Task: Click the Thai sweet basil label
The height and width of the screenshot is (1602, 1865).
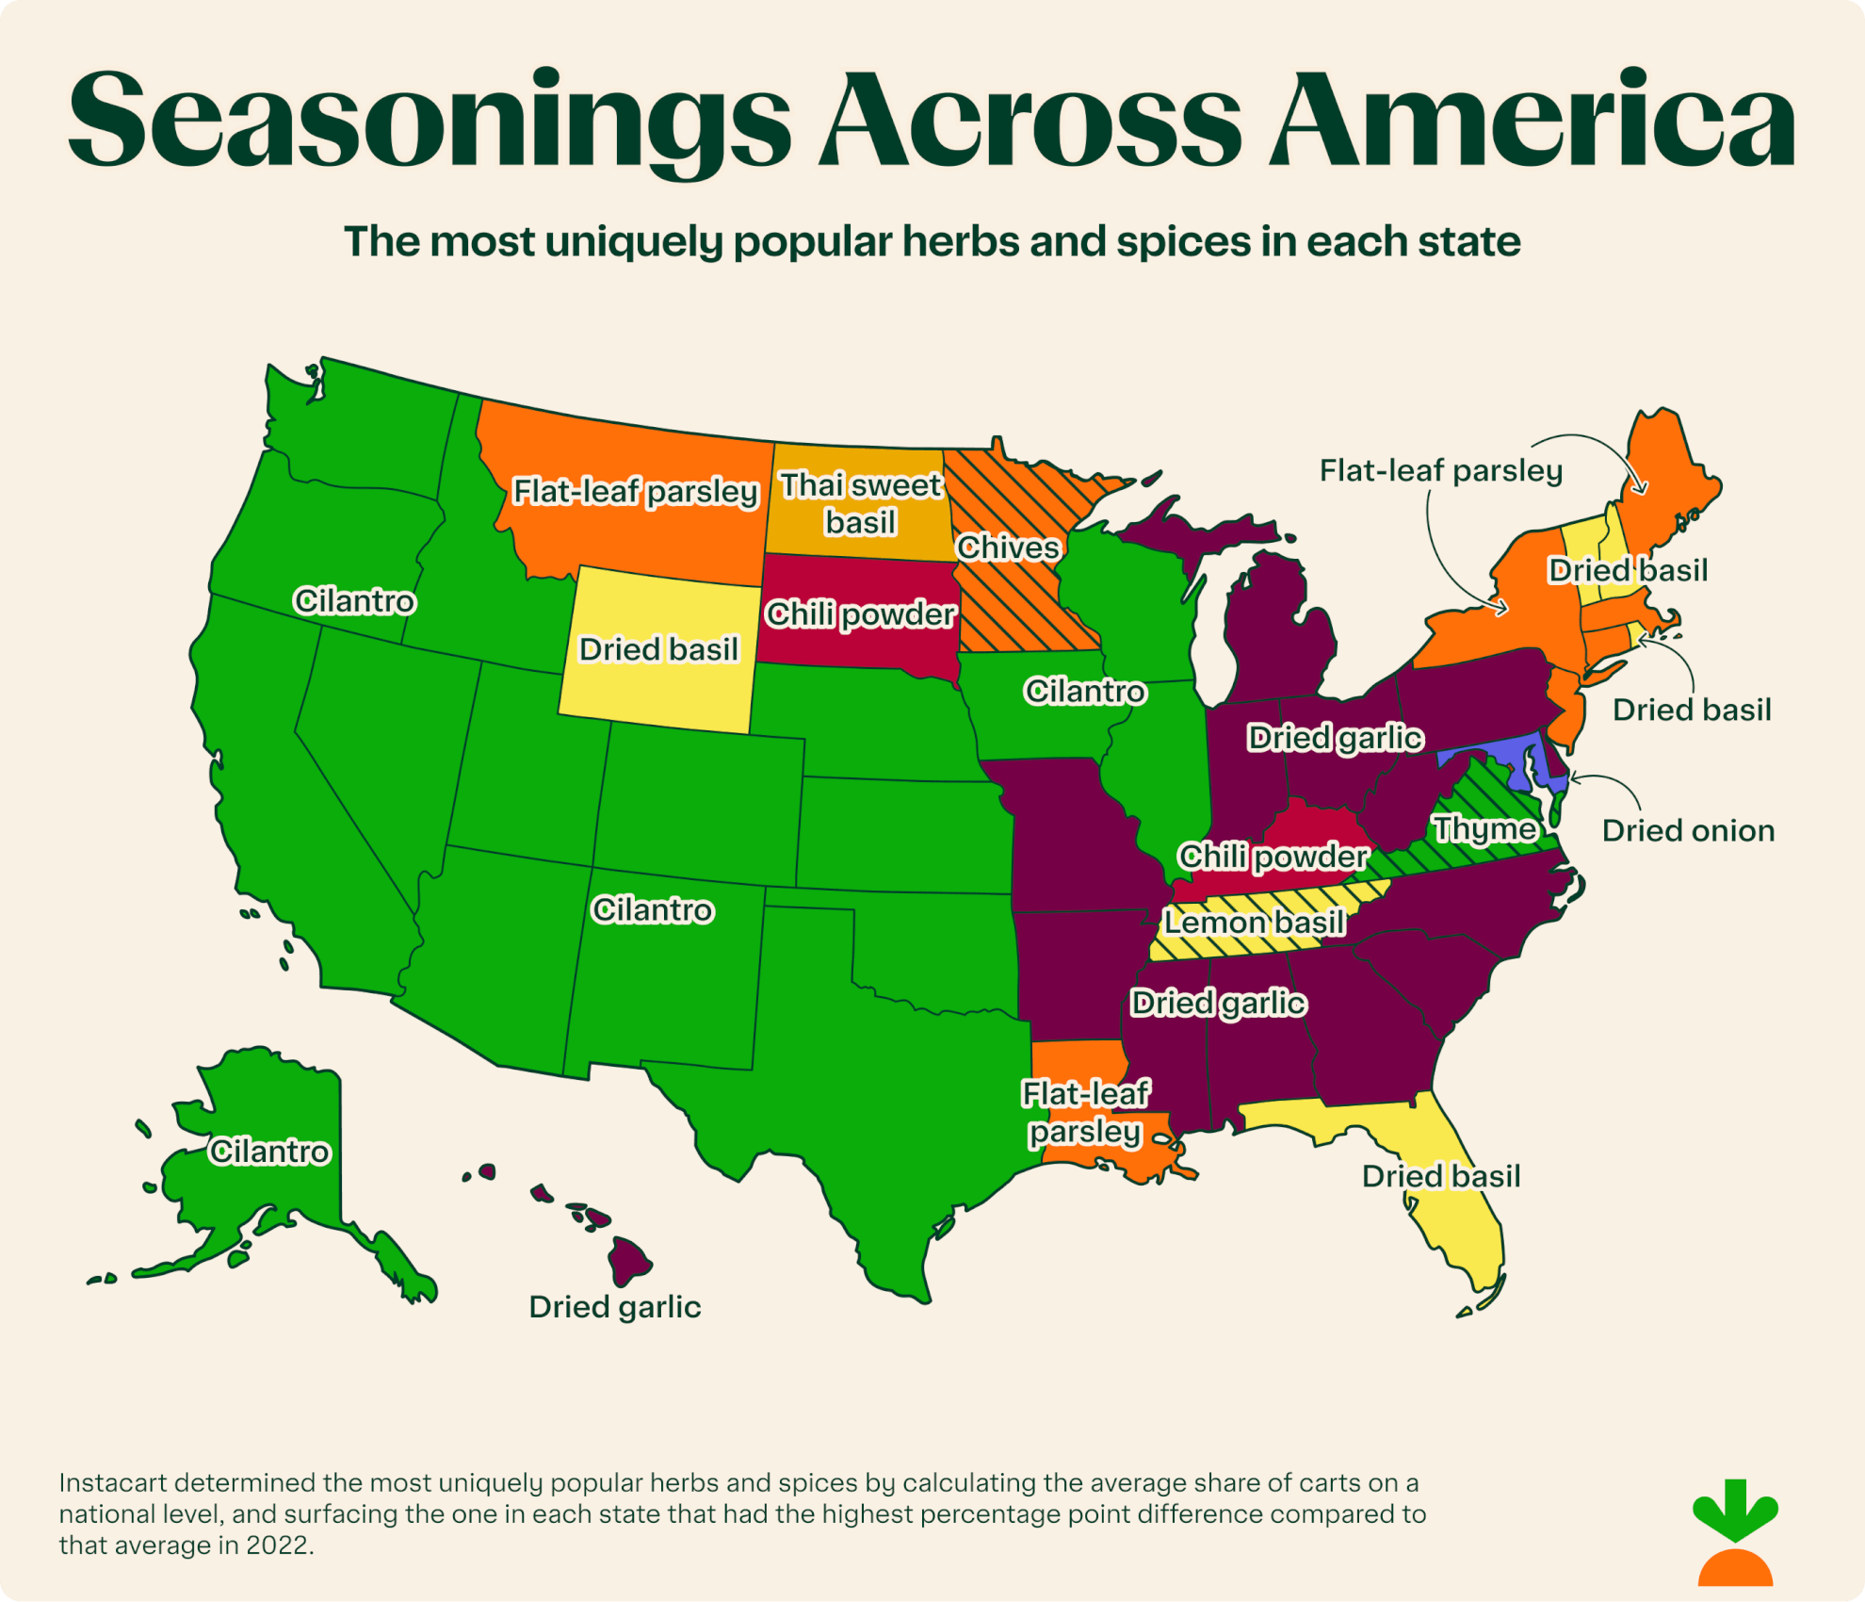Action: [860, 503]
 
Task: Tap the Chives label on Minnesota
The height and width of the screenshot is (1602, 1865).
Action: [1008, 548]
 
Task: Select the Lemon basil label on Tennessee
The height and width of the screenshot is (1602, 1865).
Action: [1254, 922]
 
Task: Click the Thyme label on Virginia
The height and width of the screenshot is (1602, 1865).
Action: [1484, 829]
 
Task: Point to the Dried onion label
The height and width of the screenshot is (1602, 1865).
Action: [1687, 831]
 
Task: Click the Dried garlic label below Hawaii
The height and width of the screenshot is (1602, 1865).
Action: [614, 1307]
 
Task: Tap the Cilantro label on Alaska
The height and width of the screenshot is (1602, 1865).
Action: [269, 1152]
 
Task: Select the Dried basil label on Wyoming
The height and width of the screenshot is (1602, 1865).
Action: [657, 649]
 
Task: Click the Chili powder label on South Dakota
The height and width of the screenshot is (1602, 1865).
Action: [860, 614]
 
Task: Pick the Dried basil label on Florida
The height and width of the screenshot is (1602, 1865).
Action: [1440, 1176]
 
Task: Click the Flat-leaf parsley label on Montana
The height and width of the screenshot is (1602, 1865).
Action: [635, 491]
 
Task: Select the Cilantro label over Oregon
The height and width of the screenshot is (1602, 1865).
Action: [354, 600]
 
